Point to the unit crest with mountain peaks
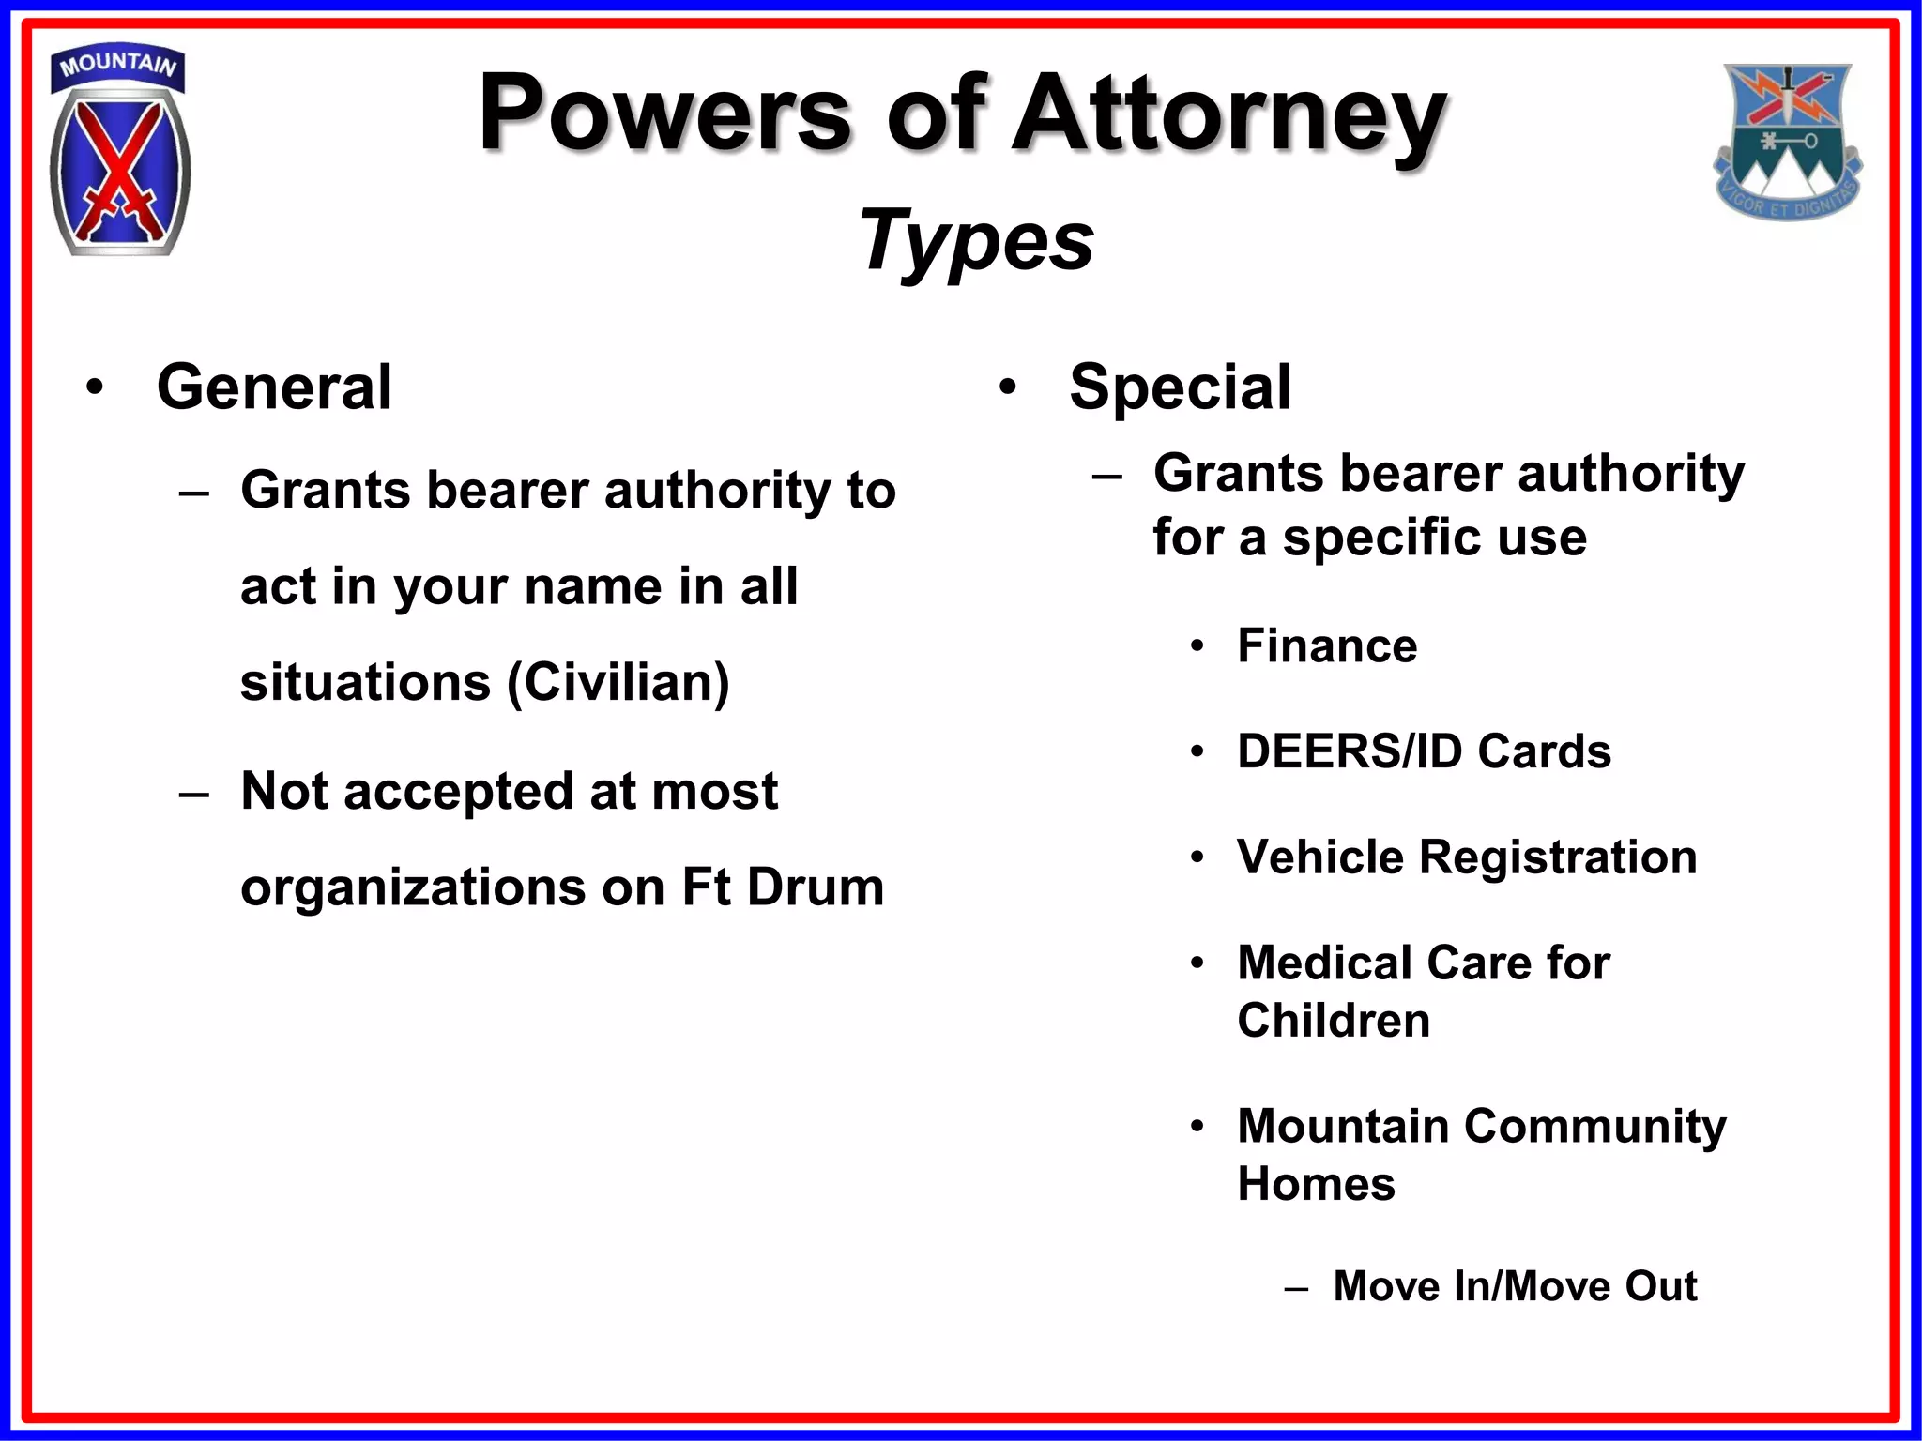coord(1787,141)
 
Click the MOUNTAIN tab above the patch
coord(118,66)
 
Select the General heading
coord(274,387)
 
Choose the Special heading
coord(1180,387)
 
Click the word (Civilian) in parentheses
coord(618,682)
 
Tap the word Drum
coord(816,887)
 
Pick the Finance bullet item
coord(1326,645)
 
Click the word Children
coord(1333,1020)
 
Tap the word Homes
coord(1316,1183)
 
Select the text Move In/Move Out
coord(1514,1285)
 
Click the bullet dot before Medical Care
coord(1197,963)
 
